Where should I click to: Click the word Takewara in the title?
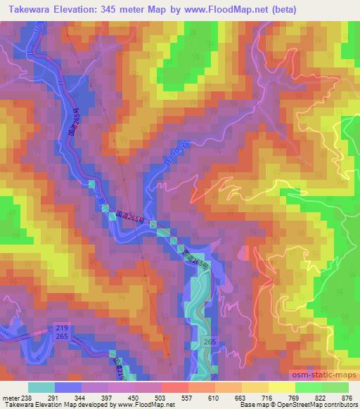[33, 9]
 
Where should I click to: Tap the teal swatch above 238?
[41, 387]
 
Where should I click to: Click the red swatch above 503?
[174, 387]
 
